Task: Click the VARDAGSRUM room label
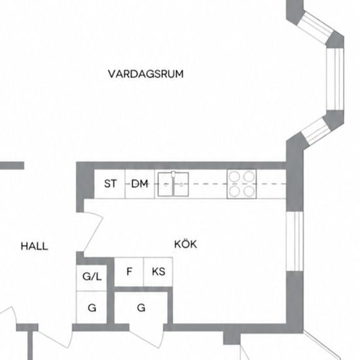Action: pos(146,74)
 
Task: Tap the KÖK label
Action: pos(185,243)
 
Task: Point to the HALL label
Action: pos(35,246)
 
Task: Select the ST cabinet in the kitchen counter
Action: pos(110,184)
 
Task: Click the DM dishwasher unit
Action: pos(140,184)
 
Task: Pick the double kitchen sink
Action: pos(173,184)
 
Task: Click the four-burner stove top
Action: pos(242,184)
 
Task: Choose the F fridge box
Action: pos(129,272)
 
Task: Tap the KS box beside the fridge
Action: pos(158,272)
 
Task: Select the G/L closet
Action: pos(92,278)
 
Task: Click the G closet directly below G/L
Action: pos(92,307)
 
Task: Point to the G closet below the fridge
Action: pos(141,308)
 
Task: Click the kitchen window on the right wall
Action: pos(295,241)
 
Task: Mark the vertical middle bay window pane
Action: pos(335,79)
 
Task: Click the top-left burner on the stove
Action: pos(234,177)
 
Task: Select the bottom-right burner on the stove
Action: pos(249,191)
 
